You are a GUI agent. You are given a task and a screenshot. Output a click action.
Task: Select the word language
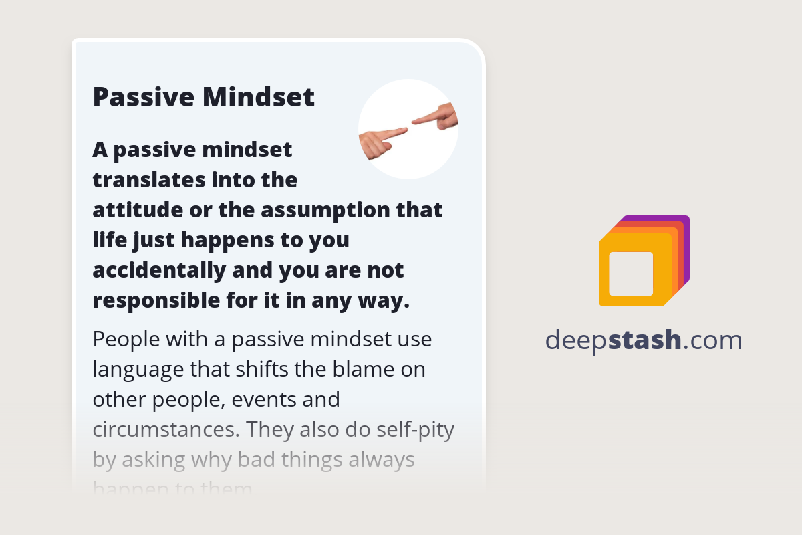137,369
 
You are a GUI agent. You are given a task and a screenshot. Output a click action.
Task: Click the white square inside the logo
631,274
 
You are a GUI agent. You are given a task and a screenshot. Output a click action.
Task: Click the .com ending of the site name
712,340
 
